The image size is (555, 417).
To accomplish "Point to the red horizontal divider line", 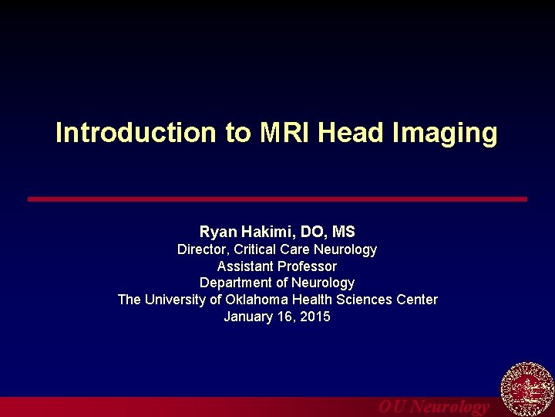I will [x=277, y=199].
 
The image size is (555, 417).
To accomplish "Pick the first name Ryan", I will [x=217, y=232].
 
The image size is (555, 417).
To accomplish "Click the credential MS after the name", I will [x=343, y=232].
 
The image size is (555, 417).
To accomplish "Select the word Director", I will [x=203, y=249].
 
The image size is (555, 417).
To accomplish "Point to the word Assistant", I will [x=245, y=266].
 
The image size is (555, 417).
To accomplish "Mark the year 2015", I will [x=315, y=317].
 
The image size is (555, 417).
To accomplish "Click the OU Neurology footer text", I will [x=433, y=407].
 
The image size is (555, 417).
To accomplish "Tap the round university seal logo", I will [x=527, y=391].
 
